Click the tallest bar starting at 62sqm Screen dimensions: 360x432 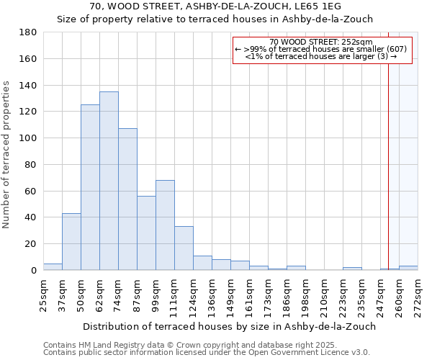tap(109, 181)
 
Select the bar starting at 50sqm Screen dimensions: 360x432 tap(90, 187)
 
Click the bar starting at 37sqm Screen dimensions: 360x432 tap(71, 242)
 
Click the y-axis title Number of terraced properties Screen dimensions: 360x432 tap(6, 155)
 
